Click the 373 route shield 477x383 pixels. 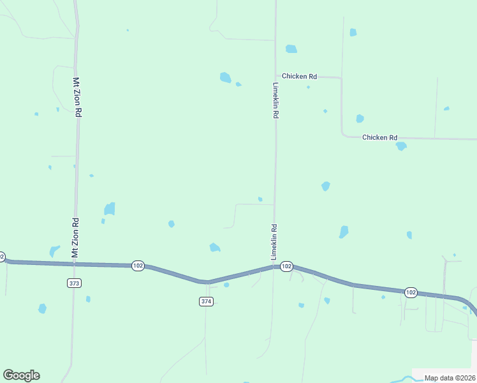click(x=74, y=282)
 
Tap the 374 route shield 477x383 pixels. click(x=205, y=301)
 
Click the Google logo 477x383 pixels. click(x=21, y=375)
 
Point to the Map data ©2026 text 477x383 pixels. click(x=449, y=378)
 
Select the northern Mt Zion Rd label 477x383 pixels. click(x=77, y=97)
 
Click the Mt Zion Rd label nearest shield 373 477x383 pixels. click(x=75, y=238)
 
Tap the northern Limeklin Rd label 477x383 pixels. click(x=276, y=100)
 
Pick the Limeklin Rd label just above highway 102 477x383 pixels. click(x=274, y=241)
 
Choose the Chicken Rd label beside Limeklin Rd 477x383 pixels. click(x=299, y=77)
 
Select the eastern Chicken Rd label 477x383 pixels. click(x=379, y=137)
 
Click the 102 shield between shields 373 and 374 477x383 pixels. click(x=138, y=266)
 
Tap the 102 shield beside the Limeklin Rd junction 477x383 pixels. click(x=286, y=266)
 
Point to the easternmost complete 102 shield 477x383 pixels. click(x=411, y=292)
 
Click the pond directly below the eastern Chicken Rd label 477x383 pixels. click(x=401, y=146)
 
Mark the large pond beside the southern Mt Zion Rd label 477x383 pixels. click(x=110, y=209)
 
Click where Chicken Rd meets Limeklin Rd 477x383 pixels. click(x=275, y=77)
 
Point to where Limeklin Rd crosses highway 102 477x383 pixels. click(x=275, y=267)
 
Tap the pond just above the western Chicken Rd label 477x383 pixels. click(x=291, y=49)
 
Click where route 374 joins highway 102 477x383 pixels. click(x=207, y=282)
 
